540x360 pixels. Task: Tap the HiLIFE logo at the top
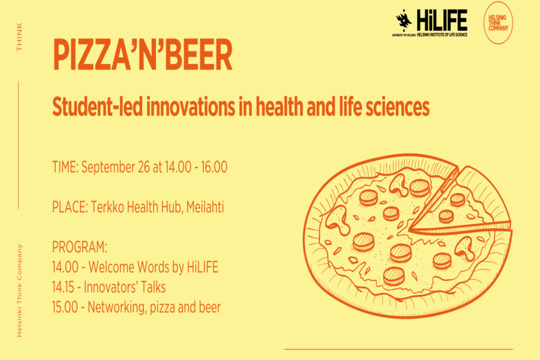(x=431, y=22)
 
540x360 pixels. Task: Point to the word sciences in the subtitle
(x=400, y=107)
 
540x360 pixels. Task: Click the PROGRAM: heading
(x=80, y=247)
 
